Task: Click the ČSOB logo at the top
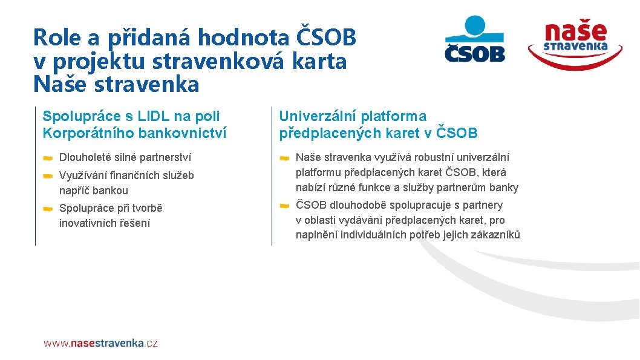[x=475, y=40]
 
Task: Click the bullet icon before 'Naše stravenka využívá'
[x=284, y=158]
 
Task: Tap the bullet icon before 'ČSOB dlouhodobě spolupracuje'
[x=284, y=206]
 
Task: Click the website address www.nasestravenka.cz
[x=100, y=343]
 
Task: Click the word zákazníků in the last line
[x=498, y=235]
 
